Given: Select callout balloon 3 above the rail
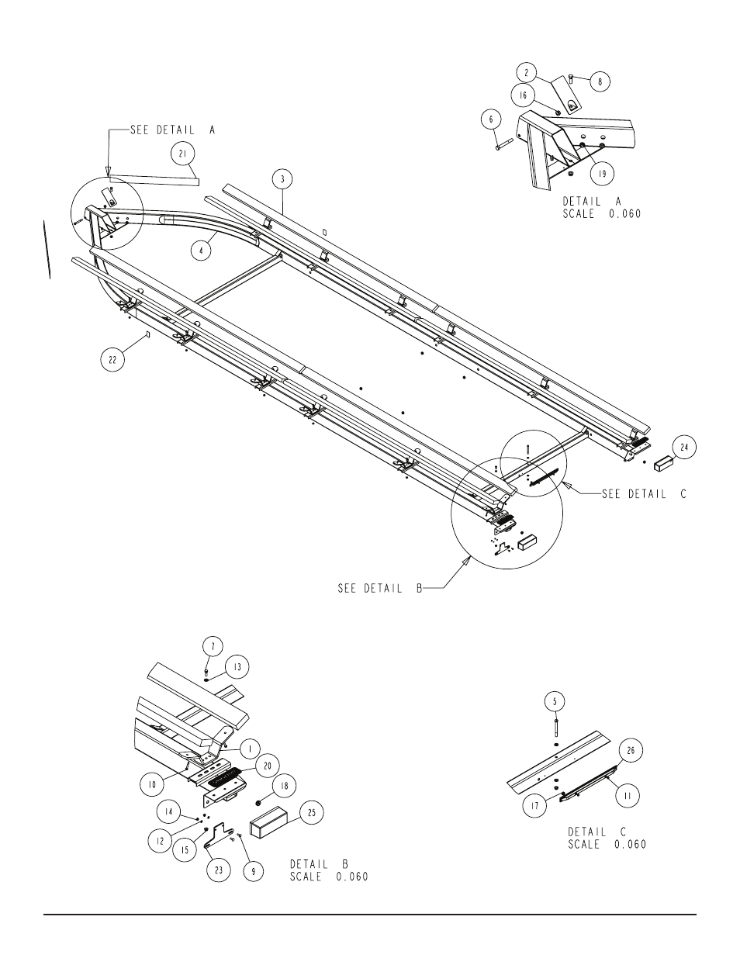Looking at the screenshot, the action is point(282,179).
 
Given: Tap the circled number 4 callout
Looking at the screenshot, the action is point(201,251).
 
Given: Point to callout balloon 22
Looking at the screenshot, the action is point(112,360).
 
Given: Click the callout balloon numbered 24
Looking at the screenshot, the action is point(684,447).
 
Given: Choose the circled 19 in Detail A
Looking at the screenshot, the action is point(602,173).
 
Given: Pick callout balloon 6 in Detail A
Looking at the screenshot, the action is point(492,119).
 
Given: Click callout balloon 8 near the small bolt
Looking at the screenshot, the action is point(600,81).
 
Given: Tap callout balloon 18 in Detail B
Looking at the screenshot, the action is point(284,785).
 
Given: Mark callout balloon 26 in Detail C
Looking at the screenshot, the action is point(631,750).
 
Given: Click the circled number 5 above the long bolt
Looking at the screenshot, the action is point(555,701).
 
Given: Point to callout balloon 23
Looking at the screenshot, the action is point(219,870).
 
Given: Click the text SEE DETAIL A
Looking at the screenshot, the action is point(173,130).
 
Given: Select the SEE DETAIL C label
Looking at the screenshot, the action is point(645,494).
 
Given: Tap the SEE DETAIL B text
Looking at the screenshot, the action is point(380,589).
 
